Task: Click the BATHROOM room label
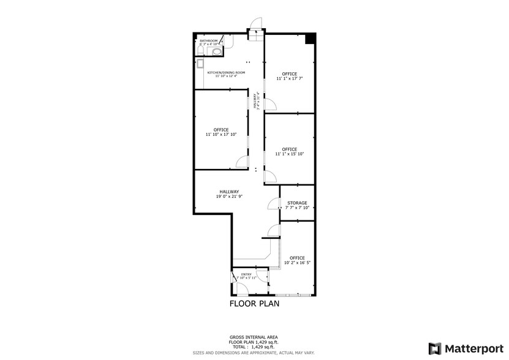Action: pos(208,40)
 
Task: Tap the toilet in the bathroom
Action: pos(216,53)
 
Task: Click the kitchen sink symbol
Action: pos(200,63)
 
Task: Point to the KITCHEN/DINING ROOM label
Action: pos(226,73)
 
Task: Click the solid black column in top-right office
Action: pos(311,39)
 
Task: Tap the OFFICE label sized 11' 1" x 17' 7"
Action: pos(290,73)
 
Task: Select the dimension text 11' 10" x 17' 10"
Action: pos(221,134)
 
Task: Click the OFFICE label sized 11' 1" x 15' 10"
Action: pos(290,149)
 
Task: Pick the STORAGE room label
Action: pos(298,203)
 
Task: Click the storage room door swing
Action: pos(273,203)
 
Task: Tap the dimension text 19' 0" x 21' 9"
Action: pos(230,197)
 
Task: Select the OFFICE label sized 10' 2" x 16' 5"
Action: pos(298,258)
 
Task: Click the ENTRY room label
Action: pos(246,274)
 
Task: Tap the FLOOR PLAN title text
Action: pos(254,303)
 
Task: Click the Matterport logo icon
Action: pos(434,348)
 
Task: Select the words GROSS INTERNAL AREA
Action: pos(254,337)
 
